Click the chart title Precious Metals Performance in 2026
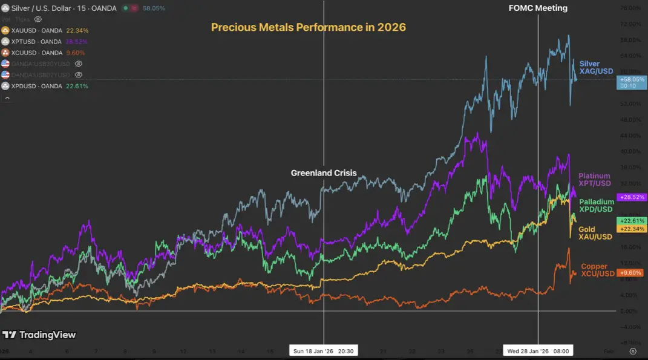[x=308, y=27]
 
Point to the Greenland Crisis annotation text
[x=323, y=173]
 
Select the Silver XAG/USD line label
[x=595, y=67]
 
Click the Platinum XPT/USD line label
[x=595, y=180]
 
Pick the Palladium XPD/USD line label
[x=597, y=205]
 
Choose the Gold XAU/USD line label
[x=595, y=233]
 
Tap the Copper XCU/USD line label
[x=597, y=270]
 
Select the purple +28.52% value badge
[x=631, y=197]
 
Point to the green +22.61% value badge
[x=631, y=221]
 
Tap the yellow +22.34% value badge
[x=631, y=229]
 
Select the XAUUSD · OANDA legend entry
[x=36, y=30]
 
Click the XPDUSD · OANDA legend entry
[x=36, y=86]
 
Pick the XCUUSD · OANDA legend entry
[x=36, y=53]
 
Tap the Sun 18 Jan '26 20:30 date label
[x=323, y=351]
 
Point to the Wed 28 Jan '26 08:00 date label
[x=538, y=351]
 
